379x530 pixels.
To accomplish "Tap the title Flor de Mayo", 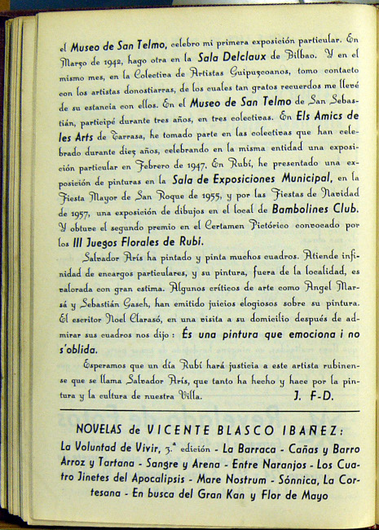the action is point(275,494).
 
